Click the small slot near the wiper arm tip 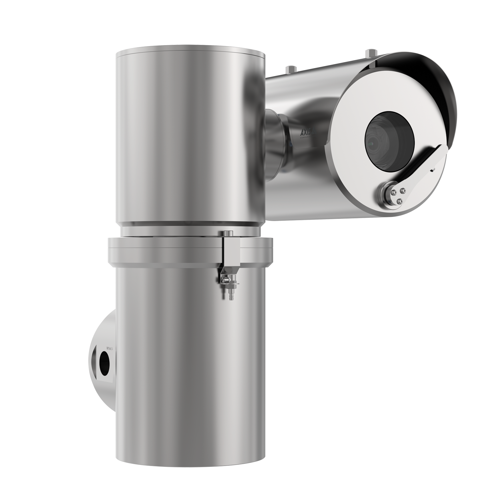433,169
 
